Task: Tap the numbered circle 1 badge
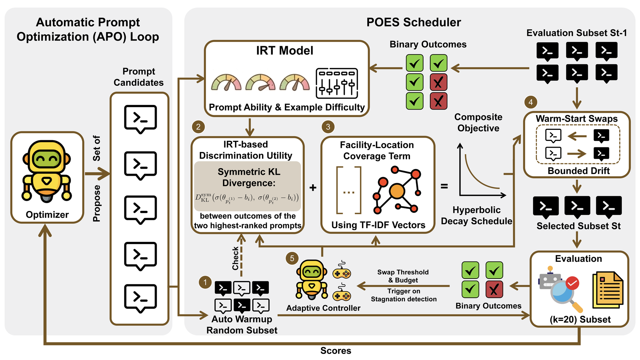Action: [205, 282]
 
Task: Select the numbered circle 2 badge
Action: [198, 127]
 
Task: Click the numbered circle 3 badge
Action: [328, 127]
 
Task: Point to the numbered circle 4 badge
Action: [531, 102]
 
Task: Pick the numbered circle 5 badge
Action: [292, 259]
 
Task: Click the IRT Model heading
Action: [285, 51]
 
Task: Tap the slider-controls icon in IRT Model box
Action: [337, 83]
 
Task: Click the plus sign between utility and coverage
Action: [313, 187]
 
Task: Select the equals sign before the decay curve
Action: [444, 186]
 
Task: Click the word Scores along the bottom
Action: [336, 351]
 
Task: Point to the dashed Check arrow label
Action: [235, 258]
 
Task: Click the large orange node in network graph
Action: [397, 191]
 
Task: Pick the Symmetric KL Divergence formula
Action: [247, 198]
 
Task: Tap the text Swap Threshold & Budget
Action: [403, 276]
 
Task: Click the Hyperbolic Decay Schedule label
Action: [476, 216]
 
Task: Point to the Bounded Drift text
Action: [578, 171]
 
